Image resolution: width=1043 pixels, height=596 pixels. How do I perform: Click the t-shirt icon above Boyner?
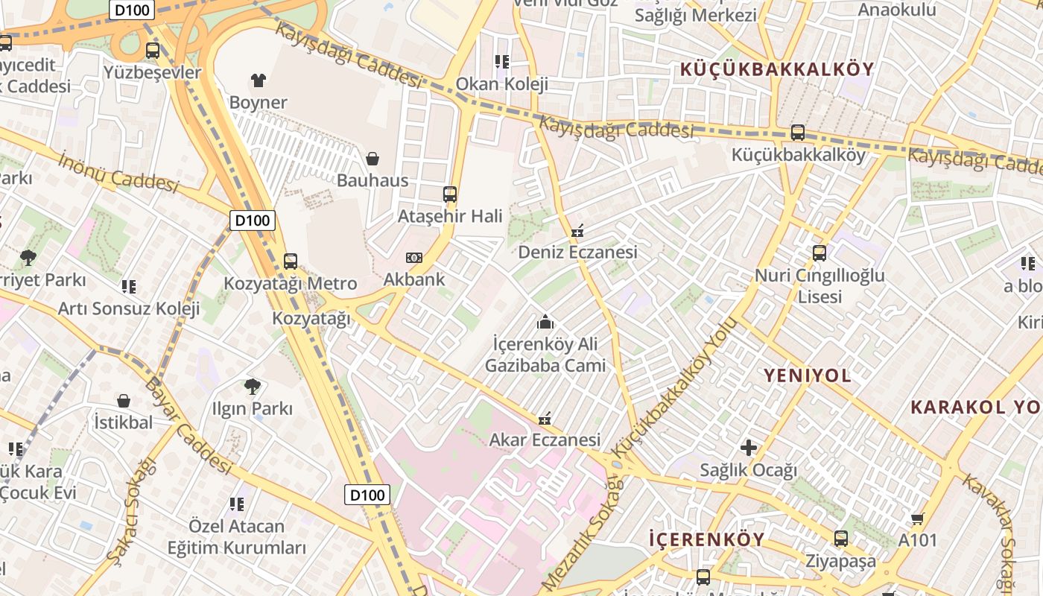coord(259,80)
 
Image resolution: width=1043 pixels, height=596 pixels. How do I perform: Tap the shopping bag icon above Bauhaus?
coord(372,158)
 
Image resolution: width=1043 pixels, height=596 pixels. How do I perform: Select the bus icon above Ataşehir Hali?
coord(450,194)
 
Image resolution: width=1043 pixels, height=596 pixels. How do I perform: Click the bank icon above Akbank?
coord(414,258)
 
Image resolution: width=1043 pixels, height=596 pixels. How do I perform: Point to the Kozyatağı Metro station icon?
coord(291,261)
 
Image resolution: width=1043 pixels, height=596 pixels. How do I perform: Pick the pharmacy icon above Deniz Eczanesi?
coord(577,231)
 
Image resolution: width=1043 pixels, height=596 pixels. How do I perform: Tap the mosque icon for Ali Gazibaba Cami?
coord(545,323)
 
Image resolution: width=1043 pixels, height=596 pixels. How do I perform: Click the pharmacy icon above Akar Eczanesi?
coord(545,419)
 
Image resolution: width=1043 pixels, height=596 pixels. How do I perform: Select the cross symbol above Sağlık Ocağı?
coord(749,448)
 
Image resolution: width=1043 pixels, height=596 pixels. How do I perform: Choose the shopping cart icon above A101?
coord(918,519)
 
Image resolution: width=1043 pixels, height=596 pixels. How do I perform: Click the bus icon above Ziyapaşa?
coord(841,539)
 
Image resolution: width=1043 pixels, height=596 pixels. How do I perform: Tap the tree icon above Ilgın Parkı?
coord(253,386)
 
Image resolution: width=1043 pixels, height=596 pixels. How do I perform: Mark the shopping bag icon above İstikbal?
coord(124,401)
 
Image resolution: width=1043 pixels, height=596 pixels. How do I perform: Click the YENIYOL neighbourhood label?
coord(808,375)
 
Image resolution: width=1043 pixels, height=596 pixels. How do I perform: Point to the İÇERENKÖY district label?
coord(707,539)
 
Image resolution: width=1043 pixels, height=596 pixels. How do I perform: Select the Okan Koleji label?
coord(502,83)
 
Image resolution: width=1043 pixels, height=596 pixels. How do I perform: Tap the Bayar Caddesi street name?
coord(188,425)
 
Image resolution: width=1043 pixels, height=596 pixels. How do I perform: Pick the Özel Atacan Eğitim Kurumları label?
coord(237,537)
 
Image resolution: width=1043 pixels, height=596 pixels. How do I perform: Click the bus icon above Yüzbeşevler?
coord(153,51)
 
